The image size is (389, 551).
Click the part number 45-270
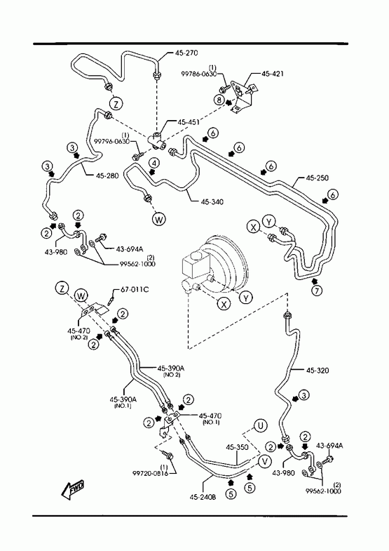pyautogui.click(x=186, y=53)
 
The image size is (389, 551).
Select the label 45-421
pyautogui.click(x=273, y=74)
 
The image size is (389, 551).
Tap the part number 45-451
pyautogui.click(x=189, y=122)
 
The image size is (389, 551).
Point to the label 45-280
pyautogui.click(x=107, y=175)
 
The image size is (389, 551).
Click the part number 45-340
pyautogui.click(x=212, y=201)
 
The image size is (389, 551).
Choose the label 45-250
pyautogui.click(x=318, y=178)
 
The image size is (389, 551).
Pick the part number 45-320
pyautogui.click(x=318, y=370)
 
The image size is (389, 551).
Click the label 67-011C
pyautogui.click(x=135, y=290)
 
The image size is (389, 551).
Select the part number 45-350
pyautogui.click(x=237, y=447)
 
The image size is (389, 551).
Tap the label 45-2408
pyautogui.click(x=203, y=497)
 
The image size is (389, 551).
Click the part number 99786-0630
pyautogui.click(x=198, y=74)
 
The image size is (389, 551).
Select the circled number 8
pyautogui.click(x=219, y=100)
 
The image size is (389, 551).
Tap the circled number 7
pyautogui.click(x=317, y=291)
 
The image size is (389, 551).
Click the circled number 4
pyautogui.click(x=154, y=163)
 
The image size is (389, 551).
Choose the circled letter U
pyautogui.click(x=261, y=426)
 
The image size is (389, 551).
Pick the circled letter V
pyautogui.click(x=264, y=462)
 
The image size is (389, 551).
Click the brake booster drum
pyautogui.click(x=228, y=263)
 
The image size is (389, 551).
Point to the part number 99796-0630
pyautogui.click(x=112, y=141)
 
